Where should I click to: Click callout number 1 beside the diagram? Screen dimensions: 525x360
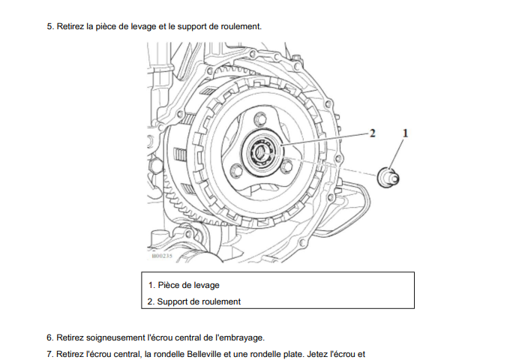coord(405,133)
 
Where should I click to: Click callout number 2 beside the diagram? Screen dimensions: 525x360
coord(372,133)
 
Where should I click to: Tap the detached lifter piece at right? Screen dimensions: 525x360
coord(388,177)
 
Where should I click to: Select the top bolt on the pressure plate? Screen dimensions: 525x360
coord(260,119)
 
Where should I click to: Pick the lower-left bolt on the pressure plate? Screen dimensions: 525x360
coord(237,169)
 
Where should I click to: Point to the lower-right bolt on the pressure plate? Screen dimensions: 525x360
coord(286,166)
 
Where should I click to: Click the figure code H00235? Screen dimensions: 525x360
coord(162,256)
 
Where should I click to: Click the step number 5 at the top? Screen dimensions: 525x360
coord(50,26)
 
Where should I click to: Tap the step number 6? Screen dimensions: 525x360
coord(50,337)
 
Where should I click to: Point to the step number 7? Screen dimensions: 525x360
coord(50,354)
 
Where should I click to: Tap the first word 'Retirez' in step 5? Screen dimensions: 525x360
coord(70,26)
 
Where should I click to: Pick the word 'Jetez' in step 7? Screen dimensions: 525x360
coord(316,354)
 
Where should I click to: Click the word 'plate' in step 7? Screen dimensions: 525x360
coord(294,354)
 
